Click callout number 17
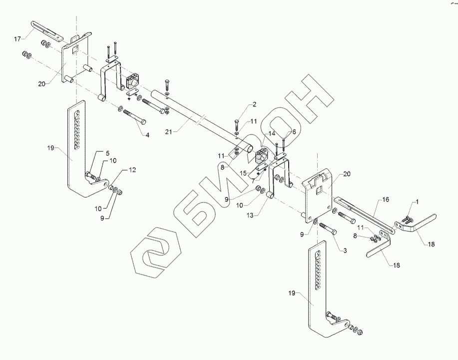[17, 38]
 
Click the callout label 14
[272, 134]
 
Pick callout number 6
[294, 131]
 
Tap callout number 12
[132, 170]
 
